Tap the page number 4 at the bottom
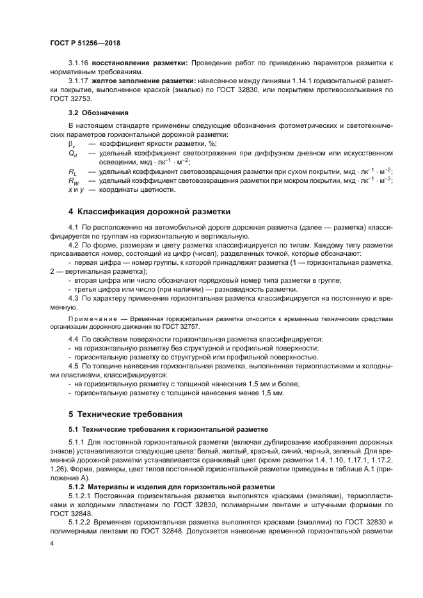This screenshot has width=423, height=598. [52, 543]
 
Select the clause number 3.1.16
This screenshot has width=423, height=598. [79, 64]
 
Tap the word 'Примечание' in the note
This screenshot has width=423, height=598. [92, 318]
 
